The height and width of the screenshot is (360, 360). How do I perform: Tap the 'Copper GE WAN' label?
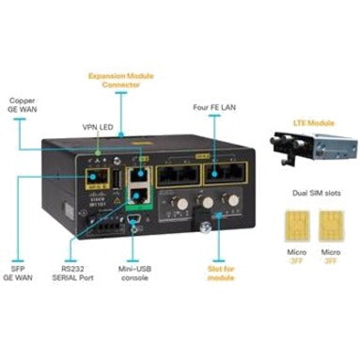[23, 104]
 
